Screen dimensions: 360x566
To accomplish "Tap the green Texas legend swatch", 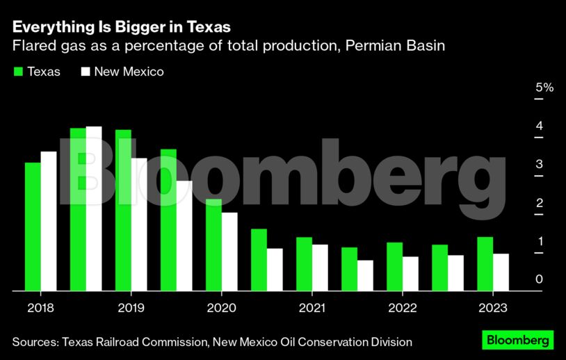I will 18,72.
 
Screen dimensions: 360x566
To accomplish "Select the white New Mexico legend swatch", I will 86,72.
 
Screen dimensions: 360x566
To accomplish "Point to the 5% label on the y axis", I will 544,88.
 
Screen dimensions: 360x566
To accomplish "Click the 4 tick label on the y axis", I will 540,126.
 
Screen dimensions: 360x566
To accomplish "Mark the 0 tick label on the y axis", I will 540,279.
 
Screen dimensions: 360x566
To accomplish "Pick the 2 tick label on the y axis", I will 540,202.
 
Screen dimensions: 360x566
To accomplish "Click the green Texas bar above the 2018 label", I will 33,226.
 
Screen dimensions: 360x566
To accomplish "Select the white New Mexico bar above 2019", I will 139,224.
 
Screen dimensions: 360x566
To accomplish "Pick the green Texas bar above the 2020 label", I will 213,245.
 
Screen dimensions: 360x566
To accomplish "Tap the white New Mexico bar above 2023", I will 501,272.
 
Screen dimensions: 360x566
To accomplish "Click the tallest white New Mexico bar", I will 94,208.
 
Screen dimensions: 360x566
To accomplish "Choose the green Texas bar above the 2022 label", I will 394,266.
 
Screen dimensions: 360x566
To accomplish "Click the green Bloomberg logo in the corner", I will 518,341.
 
